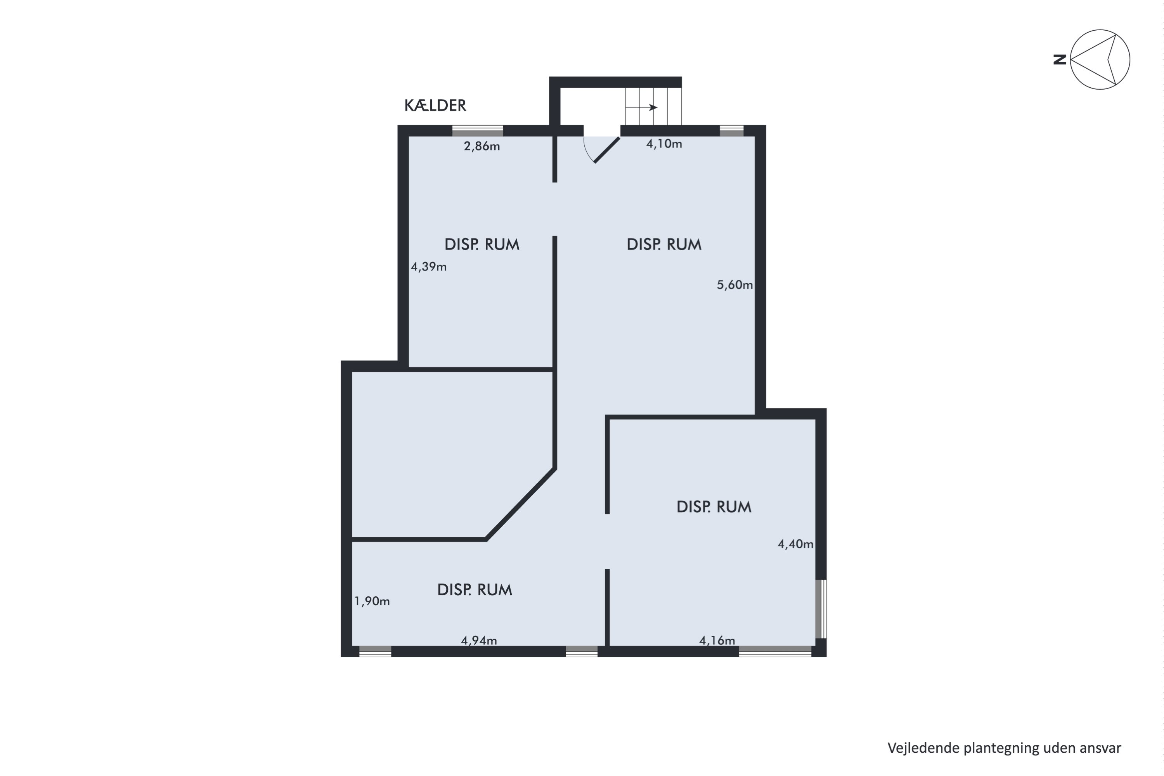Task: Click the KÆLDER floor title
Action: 435,106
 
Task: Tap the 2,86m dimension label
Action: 482,146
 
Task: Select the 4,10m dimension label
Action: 663,144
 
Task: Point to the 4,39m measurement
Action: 429,267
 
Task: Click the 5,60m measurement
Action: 734,284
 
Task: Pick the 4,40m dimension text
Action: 795,544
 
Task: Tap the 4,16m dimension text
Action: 717,641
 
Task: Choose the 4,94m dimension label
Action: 478,641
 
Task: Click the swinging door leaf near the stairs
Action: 607,150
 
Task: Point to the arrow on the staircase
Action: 641,107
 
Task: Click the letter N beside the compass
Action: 1060,60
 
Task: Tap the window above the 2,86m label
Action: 478,131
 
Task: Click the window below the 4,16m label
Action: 775,651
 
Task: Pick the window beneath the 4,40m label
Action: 821,609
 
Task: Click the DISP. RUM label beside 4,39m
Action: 482,244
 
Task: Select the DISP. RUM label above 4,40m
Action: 714,507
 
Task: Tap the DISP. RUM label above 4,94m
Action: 475,589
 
